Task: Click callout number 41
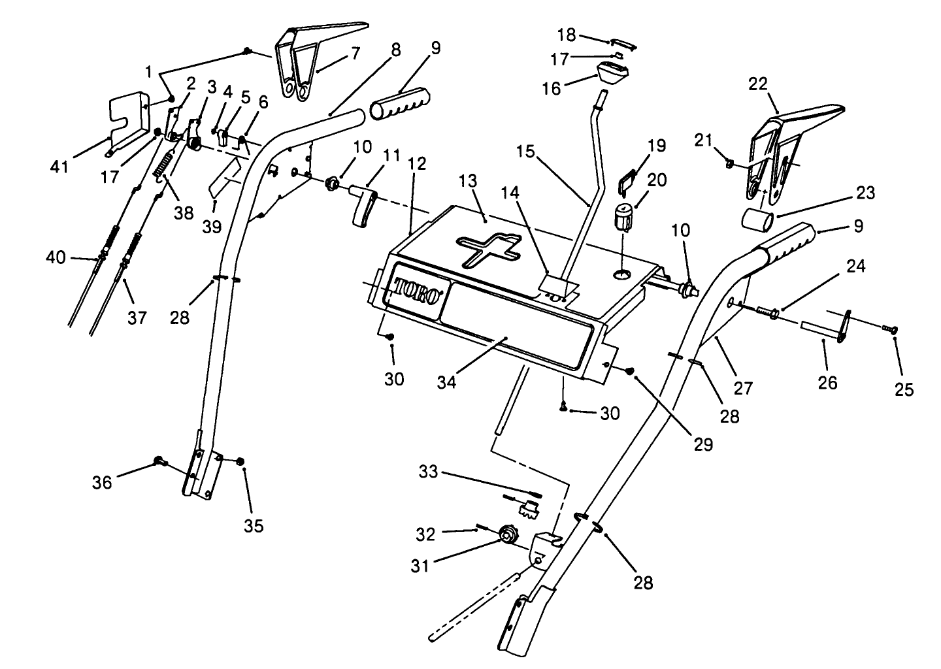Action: [60, 167]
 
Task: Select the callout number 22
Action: [758, 84]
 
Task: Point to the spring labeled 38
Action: [165, 165]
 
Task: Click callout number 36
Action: [103, 482]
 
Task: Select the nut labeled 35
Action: [241, 463]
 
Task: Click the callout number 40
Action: [56, 257]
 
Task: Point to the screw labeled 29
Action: [630, 370]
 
